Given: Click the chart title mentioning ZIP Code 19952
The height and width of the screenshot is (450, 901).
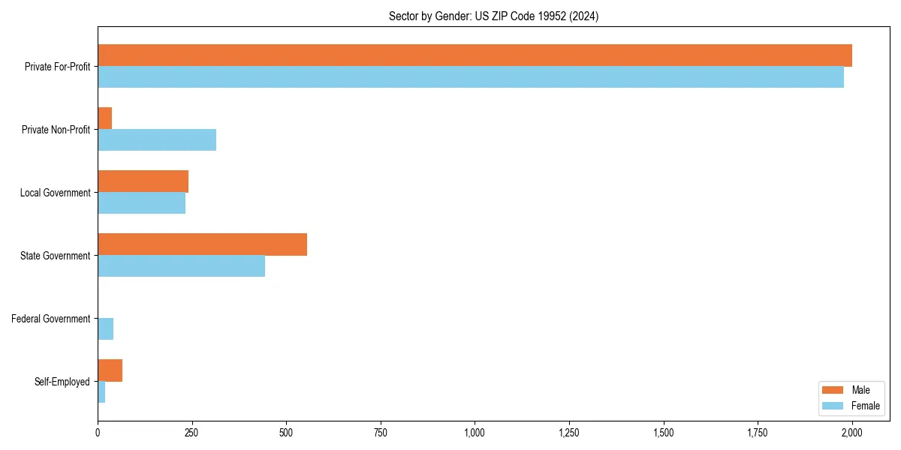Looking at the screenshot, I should (493, 16).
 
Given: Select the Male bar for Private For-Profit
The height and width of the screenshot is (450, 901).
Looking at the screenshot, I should (475, 55).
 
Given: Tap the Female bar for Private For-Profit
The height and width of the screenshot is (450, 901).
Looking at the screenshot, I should (471, 77).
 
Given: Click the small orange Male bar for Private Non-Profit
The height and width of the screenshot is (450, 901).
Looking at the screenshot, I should (105, 118).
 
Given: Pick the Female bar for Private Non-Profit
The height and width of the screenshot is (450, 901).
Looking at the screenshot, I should (157, 140).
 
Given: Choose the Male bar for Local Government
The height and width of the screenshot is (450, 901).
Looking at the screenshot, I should (143, 181).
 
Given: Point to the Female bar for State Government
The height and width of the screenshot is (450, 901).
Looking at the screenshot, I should (181, 266).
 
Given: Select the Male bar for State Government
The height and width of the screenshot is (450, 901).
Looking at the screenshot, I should (202, 244).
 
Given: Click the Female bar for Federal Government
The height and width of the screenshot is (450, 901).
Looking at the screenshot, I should (106, 329).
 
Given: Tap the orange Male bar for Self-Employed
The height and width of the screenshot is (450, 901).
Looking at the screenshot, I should (110, 370).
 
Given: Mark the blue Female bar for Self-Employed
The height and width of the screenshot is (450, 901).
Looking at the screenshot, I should (101, 392).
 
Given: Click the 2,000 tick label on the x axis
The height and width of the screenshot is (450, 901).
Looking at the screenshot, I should (851, 433).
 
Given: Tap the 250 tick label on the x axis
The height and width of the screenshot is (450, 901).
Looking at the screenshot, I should (191, 433).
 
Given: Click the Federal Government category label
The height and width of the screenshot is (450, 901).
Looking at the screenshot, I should (51, 319).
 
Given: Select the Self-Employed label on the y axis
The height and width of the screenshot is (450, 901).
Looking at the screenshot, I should (62, 382).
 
